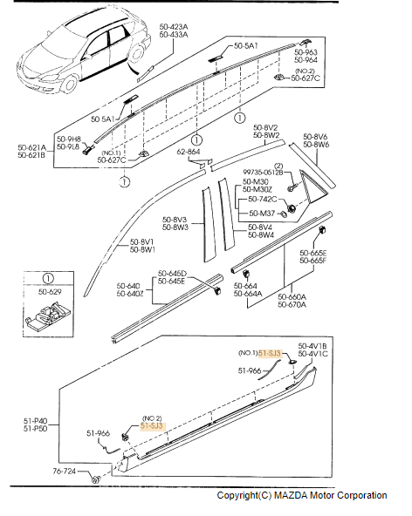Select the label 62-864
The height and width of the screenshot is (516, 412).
(189, 152)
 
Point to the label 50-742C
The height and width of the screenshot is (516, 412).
(263, 200)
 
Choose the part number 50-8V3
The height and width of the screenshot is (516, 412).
(175, 220)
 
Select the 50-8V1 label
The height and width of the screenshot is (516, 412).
(143, 241)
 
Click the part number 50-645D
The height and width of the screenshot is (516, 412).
(171, 273)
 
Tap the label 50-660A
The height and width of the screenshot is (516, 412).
(293, 297)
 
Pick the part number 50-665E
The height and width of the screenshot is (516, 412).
(312, 253)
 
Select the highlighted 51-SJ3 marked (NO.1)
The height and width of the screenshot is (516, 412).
(271, 353)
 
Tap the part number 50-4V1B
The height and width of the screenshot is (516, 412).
(312, 345)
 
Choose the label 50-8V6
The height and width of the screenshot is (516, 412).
(315, 136)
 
